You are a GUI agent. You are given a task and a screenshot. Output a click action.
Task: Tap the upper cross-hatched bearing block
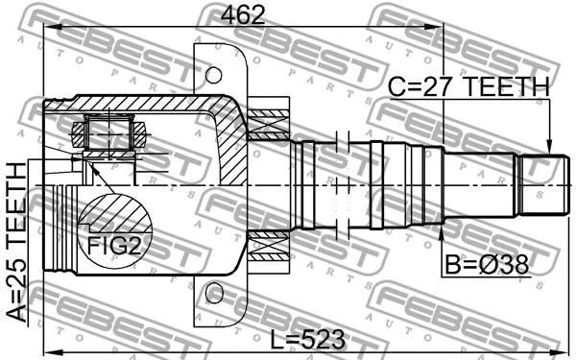pyautogui.click(x=268, y=124)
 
